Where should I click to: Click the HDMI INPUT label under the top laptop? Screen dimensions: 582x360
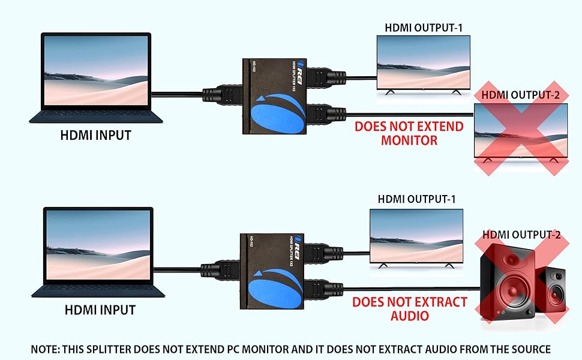[x=95, y=135]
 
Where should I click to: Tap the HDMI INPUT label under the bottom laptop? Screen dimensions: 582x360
[x=100, y=310]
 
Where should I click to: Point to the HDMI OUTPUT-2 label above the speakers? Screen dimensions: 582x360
[x=521, y=235]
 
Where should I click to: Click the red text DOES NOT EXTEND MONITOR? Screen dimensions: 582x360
[x=409, y=133]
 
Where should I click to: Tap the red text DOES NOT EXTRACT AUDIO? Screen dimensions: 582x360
[x=409, y=308]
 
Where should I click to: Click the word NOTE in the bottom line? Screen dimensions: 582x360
[x=46, y=349]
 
